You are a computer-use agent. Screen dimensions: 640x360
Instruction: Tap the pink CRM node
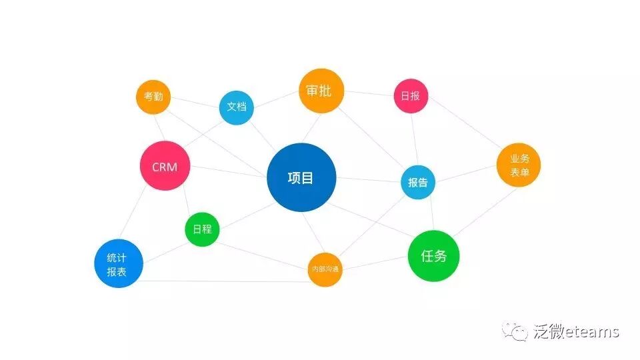(x=165, y=167)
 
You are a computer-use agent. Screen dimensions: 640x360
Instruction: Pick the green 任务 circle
(x=433, y=255)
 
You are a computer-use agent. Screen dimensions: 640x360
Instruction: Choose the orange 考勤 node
(x=153, y=97)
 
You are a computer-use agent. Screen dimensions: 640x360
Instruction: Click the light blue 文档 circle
(x=237, y=107)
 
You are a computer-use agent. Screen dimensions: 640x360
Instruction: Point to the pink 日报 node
(x=410, y=96)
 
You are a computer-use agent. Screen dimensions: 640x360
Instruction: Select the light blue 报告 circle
(x=418, y=182)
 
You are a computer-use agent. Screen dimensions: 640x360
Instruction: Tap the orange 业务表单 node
(x=519, y=165)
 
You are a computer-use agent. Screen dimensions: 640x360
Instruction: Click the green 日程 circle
(x=202, y=229)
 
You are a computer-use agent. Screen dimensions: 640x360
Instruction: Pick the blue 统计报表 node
(x=119, y=263)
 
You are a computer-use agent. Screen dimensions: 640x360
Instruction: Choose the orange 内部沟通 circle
(x=325, y=269)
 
